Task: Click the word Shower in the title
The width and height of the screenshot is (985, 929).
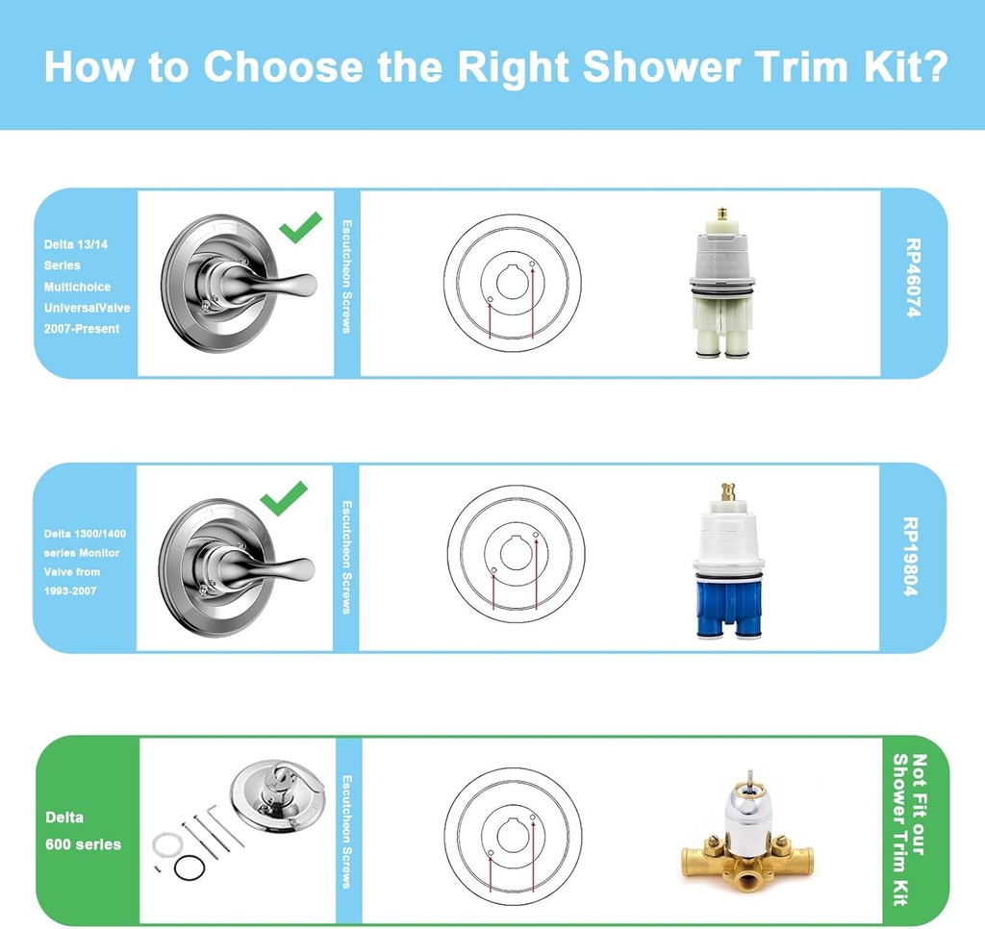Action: click(662, 66)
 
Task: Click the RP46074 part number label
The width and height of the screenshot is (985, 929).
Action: click(914, 278)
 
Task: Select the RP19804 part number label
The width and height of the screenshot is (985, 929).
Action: click(911, 557)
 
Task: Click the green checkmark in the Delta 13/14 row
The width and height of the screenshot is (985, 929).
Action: click(301, 227)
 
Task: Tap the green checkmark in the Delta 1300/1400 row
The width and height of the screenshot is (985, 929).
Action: click(284, 498)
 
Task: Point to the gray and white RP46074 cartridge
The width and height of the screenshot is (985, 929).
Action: click(721, 284)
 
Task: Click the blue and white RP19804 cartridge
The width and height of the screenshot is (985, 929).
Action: click(728, 561)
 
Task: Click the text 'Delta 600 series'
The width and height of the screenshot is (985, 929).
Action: click(83, 830)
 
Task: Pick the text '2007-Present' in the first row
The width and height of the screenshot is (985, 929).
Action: click(82, 329)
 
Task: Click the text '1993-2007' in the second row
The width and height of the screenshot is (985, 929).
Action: click(70, 590)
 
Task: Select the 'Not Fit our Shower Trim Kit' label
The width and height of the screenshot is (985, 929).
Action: click(910, 829)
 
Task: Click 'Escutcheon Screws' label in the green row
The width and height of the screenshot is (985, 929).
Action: click(346, 831)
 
